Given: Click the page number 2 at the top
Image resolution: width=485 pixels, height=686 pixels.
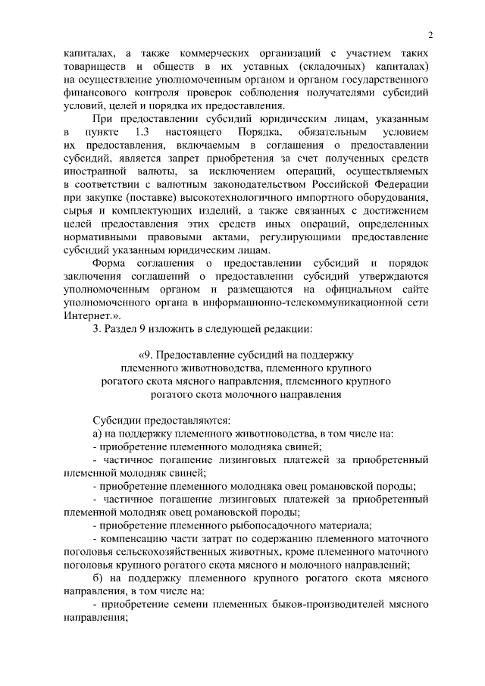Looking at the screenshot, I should click(x=430, y=36).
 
